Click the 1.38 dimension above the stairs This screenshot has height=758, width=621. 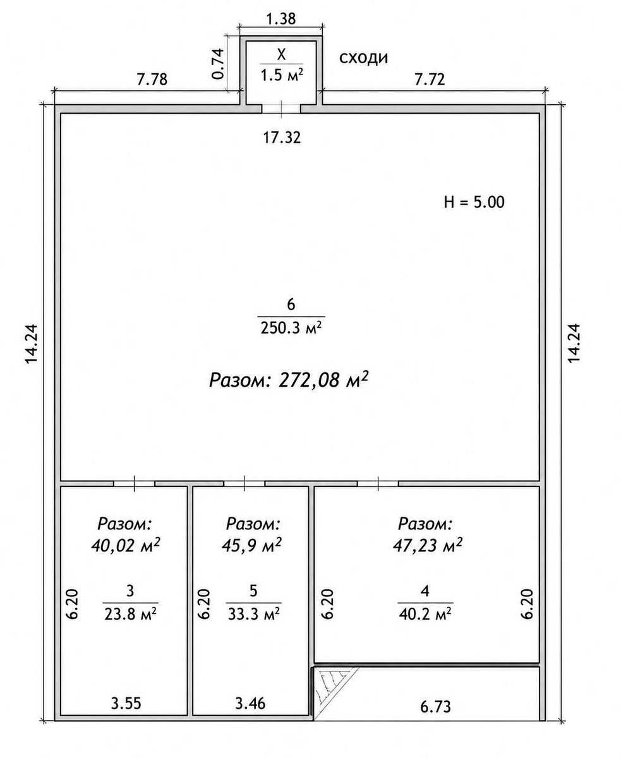point(281,18)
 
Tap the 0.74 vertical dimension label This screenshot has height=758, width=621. point(219,64)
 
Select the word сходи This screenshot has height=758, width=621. point(364,58)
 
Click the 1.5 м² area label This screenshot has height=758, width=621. point(282,75)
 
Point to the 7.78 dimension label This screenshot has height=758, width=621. point(152,80)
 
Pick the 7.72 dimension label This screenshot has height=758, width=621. point(430,80)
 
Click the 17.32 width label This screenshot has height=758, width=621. point(282,138)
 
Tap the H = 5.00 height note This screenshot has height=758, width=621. point(474,202)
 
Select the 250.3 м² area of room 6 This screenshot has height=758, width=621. point(291,328)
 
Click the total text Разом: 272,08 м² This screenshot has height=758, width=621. point(289,380)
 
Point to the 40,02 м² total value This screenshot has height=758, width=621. point(126,546)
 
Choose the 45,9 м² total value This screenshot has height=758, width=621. point(251,546)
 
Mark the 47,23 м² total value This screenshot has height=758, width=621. point(428,546)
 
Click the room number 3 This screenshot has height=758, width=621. point(130,591)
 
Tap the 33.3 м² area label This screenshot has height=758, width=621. point(254,614)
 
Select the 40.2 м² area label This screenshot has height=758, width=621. point(425,614)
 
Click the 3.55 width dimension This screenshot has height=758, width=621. point(126,703)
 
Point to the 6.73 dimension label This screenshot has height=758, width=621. point(435,707)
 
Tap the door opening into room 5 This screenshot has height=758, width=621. point(244,483)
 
